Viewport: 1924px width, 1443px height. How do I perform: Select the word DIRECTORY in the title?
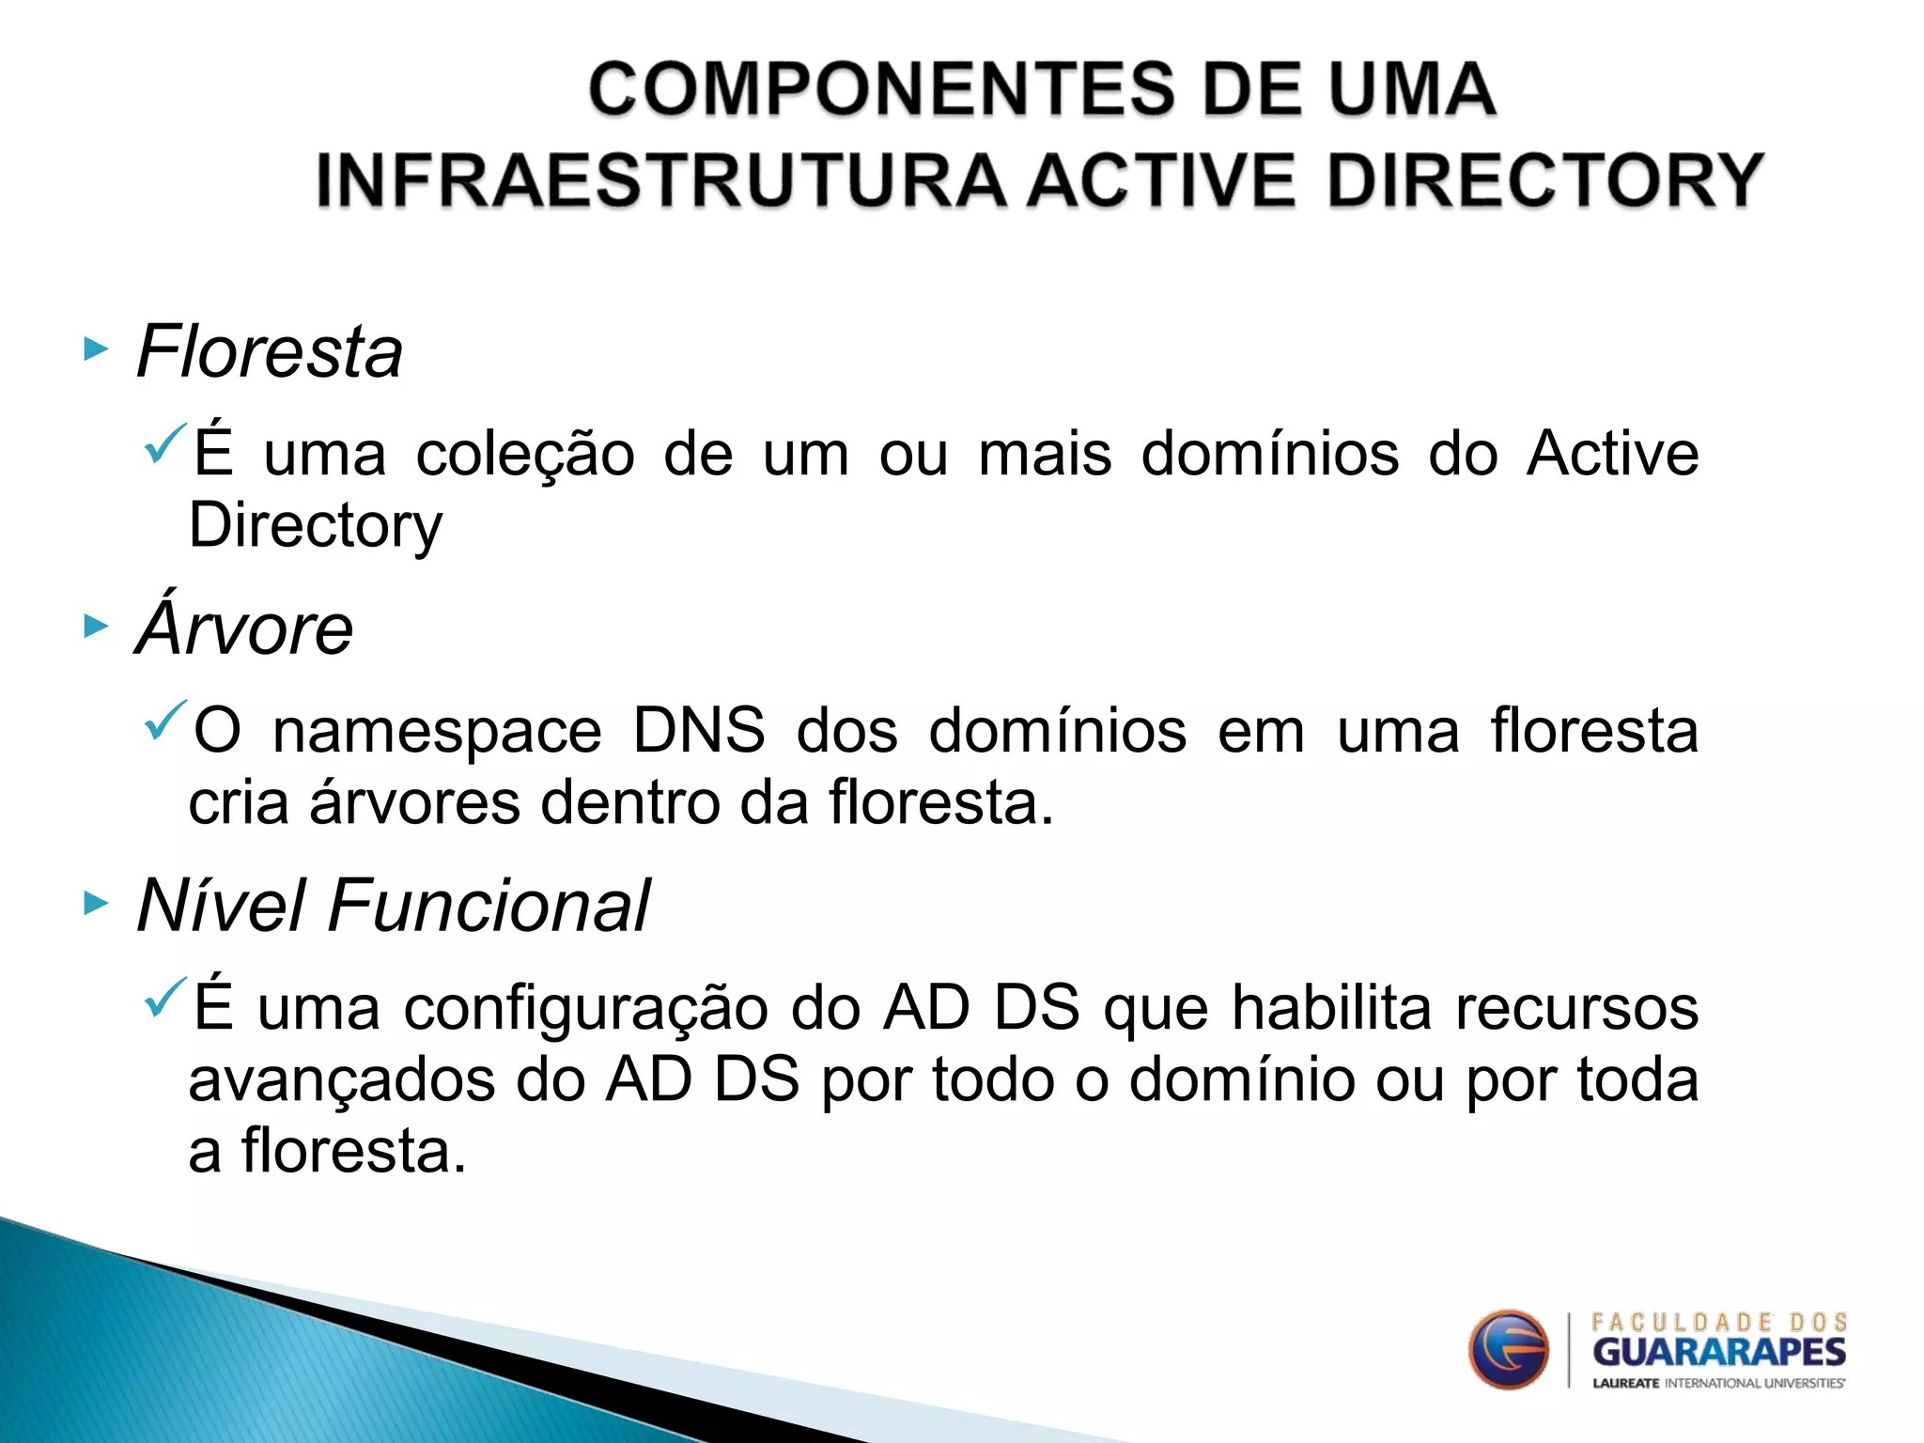(x=1544, y=180)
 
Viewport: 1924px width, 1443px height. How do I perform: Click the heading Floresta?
(x=270, y=351)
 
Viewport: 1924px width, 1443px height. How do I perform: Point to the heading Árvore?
(x=245, y=628)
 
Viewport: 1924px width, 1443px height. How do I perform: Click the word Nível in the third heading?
(x=222, y=906)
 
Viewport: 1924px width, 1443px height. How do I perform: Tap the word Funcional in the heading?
(x=489, y=906)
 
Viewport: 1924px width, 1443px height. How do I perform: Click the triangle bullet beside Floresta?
(x=96, y=350)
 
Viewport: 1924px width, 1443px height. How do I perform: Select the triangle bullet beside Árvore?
(x=96, y=626)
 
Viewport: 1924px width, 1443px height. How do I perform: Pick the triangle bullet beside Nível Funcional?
(x=96, y=904)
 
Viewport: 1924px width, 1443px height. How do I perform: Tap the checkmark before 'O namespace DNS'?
(x=166, y=721)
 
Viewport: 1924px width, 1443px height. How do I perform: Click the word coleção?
(x=525, y=455)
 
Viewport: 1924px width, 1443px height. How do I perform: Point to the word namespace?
(x=437, y=732)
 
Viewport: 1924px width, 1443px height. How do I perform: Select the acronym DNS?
(x=699, y=730)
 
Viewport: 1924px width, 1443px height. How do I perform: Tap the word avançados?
(x=342, y=1080)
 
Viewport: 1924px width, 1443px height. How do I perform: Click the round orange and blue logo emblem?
(x=1508, y=1350)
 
